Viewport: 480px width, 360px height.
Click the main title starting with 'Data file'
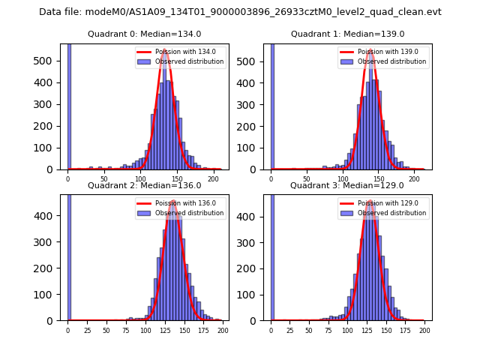[240, 12]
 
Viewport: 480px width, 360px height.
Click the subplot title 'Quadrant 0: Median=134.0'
[145, 34]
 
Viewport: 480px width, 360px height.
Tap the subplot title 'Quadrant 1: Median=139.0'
[347, 34]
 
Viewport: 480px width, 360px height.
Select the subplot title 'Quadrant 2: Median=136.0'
[145, 185]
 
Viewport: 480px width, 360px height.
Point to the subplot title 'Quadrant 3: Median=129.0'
[347, 185]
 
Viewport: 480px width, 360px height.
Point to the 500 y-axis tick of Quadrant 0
[53, 60]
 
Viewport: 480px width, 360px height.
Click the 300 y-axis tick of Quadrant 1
[256, 103]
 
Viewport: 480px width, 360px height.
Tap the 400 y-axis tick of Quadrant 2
[53, 216]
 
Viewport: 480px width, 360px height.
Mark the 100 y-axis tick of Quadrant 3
[256, 295]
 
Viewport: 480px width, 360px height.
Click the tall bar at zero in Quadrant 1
[272, 105]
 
